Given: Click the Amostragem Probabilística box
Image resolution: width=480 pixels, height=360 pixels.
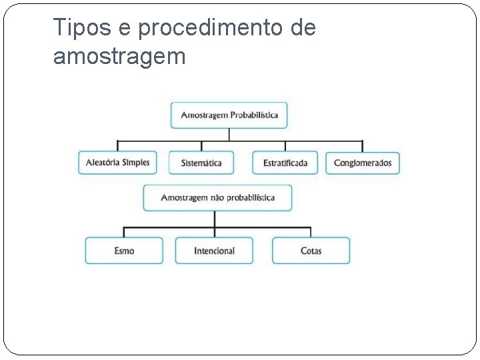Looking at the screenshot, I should (x=229, y=115).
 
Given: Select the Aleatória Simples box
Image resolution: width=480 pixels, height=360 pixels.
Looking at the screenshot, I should (x=117, y=163).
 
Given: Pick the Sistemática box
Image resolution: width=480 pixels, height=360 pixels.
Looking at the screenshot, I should (x=201, y=163).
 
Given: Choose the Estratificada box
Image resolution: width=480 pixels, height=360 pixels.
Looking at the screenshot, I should (x=285, y=163).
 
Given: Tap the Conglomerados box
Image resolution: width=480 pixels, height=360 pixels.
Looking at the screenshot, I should (x=363, y=163).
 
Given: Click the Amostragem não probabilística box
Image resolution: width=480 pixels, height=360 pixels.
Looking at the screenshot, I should (x=217, y=198).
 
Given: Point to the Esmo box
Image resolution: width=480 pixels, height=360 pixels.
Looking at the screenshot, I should (x=124, y=251).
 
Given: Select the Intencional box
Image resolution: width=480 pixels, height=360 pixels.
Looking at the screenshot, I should (x=214, y=251).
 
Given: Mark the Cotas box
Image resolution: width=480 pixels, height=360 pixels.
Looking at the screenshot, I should (x=311, y=251).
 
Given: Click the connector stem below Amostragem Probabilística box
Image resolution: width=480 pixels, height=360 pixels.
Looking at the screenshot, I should (x=229, y=134).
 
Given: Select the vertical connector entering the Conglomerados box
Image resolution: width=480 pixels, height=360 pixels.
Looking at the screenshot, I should (x=362, y=146).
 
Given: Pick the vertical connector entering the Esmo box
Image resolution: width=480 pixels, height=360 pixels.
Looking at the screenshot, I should (x=124, y=232).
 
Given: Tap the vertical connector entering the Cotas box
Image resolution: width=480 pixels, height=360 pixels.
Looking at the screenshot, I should (x=311, y=232).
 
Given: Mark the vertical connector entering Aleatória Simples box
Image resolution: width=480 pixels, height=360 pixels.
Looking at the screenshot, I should (x=118, y=146).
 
